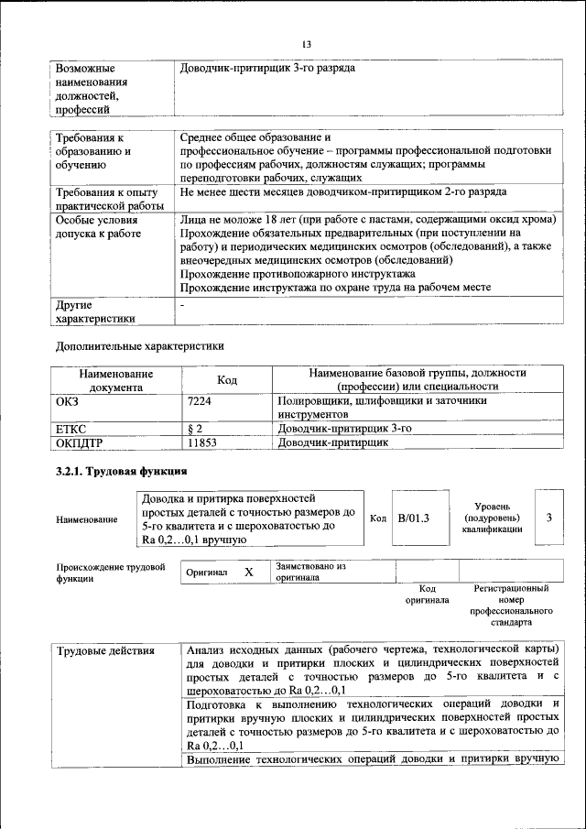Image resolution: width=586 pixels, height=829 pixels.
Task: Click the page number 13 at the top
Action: [306, 45]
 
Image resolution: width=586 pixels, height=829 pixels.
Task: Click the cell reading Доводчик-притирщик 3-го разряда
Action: [267, 69]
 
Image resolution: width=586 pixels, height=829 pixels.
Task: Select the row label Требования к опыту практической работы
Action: [107, 200]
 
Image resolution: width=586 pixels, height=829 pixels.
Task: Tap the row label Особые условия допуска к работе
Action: [98, 227]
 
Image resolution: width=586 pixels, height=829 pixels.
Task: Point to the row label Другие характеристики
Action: [95, 311]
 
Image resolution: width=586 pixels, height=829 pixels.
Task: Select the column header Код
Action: [226, 380]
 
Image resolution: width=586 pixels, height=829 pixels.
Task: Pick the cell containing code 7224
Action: [200, 401]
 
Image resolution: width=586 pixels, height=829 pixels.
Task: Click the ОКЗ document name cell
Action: [70, 401]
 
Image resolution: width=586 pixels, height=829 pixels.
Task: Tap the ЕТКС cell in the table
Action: [72, 429]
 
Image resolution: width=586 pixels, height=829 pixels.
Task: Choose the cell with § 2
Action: [194, 429]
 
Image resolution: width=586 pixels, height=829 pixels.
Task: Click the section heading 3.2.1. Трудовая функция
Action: [122, 472]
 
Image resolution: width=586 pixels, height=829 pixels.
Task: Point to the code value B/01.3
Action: [414, 518]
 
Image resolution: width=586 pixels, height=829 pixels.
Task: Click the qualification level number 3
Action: [548, 518]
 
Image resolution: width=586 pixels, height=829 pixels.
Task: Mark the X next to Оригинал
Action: [248, 572]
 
